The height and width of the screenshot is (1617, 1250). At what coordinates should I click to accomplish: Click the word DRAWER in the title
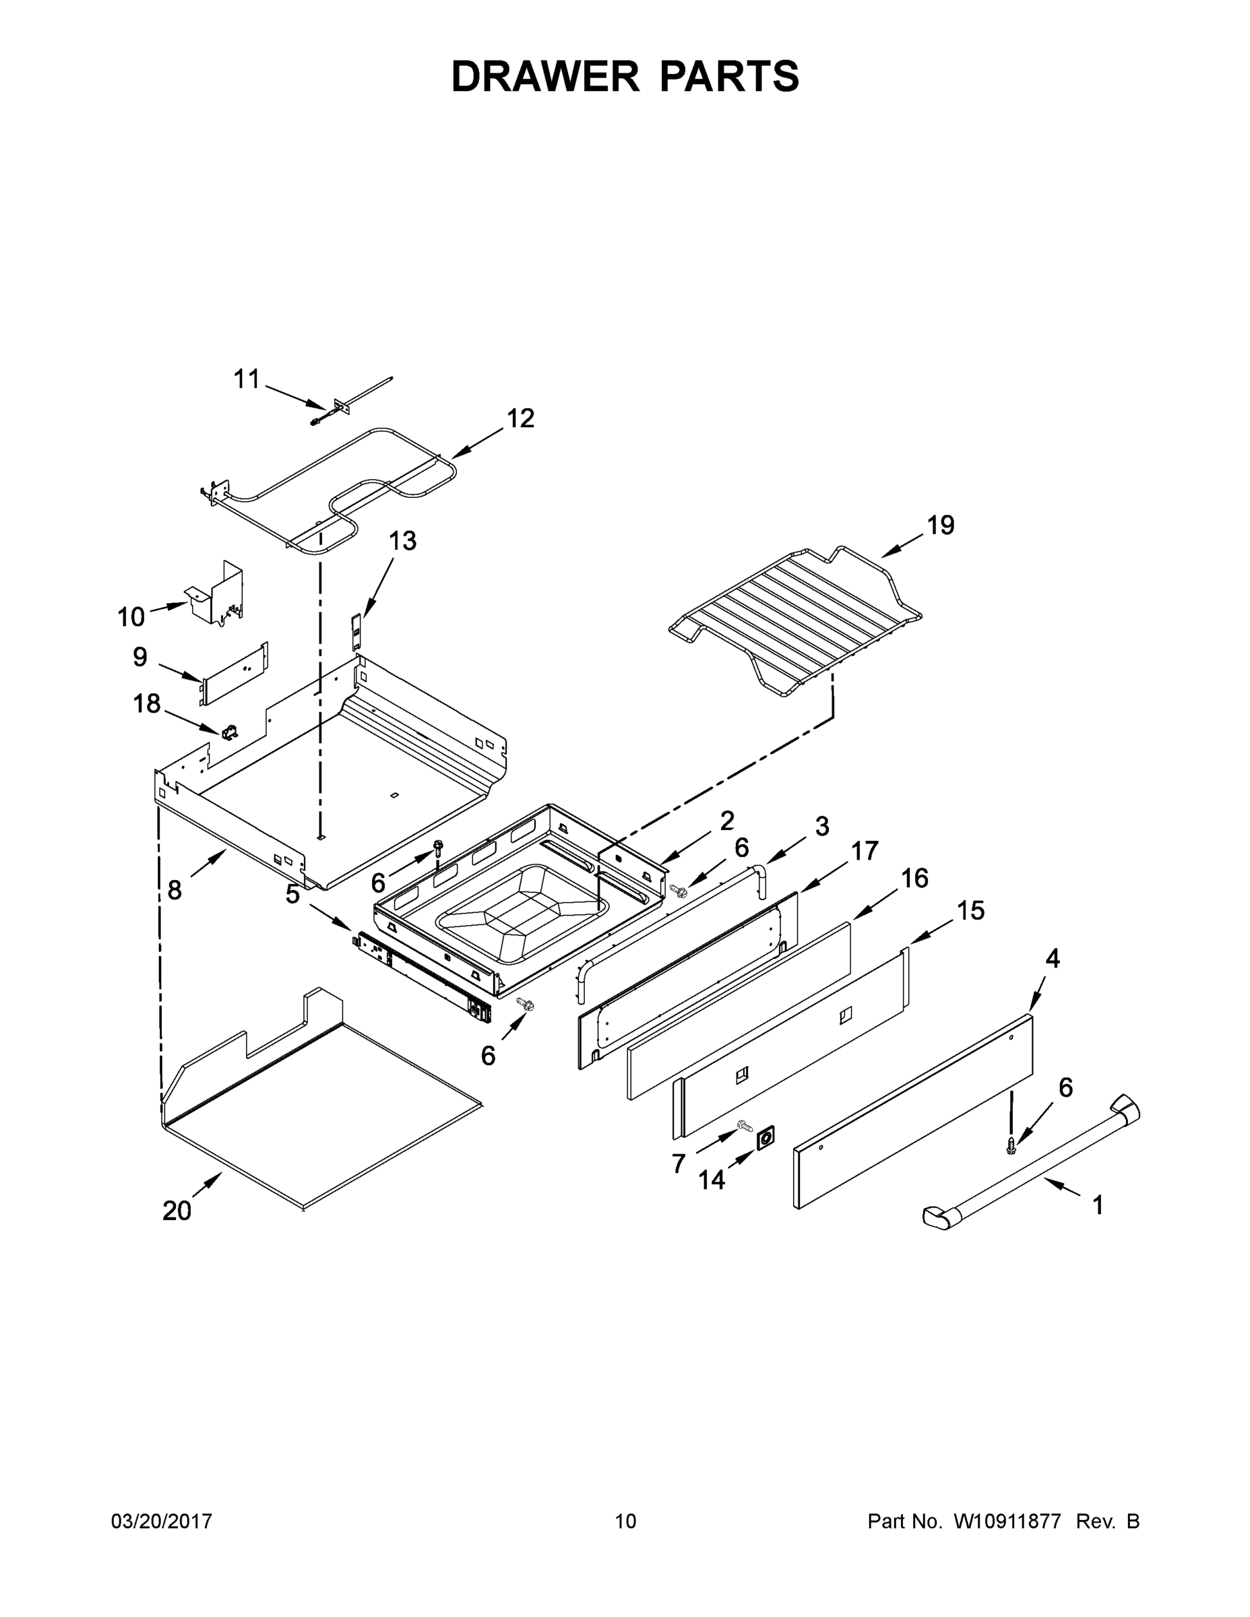tap(544, 76)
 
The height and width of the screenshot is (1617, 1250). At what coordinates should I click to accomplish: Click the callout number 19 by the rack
tap(941, 525)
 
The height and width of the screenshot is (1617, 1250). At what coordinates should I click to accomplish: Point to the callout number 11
tap(247, 379)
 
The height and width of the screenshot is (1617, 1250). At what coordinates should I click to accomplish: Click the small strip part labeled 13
tap(358, 631)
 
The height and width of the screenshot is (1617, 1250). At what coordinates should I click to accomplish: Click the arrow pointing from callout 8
tap(210, 866)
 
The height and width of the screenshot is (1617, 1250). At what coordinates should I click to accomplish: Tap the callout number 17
tap(863, 852)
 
